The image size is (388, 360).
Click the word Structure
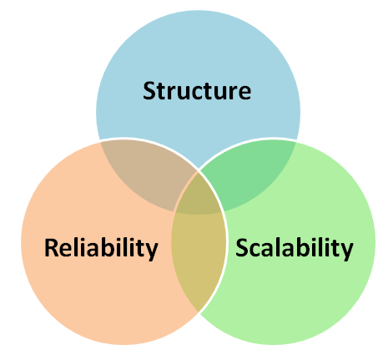click(197, 90)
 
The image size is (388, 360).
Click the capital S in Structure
click(150, 90)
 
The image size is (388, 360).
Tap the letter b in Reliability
click(110, 247)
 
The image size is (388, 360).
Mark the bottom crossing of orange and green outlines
click(199, 312)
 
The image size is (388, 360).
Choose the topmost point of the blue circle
click(198, 13)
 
